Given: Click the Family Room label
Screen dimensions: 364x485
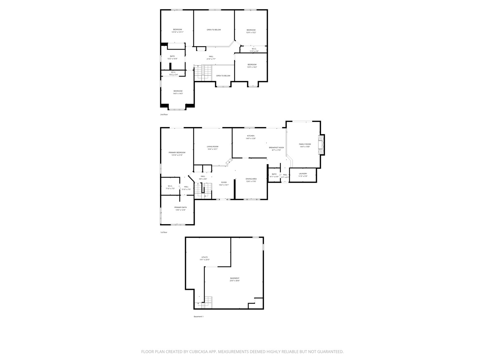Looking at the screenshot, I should pyautogui.click(x=305, y=145).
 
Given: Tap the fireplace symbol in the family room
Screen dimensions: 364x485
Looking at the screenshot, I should pyautogui.click(x=322, y=145).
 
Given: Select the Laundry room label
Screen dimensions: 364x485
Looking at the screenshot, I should pyautogui.click(x=303, y=175).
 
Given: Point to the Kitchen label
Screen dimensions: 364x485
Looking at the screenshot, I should pyautogui.click(x=251, y=137).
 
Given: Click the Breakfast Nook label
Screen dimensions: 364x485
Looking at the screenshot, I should pyautogui.click(x=276, y=149).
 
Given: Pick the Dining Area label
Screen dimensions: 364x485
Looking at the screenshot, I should pyautogui.click(x=251, y=180).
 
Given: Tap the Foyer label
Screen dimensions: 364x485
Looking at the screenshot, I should pyautogui.click(x=224, y=183).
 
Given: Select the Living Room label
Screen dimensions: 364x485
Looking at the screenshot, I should pyautogui.click(x=213, y=148).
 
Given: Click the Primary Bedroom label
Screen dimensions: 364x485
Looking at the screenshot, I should pyautogui.click(x=177, y=154).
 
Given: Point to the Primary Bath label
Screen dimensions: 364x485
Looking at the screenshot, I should pyautogui.click(x=180, y=209).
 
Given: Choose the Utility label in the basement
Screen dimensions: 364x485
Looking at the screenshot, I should pyautogui.click(x=204, y=259).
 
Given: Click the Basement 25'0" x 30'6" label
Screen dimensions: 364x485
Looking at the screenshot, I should pyautogui.click(x=235, y=279).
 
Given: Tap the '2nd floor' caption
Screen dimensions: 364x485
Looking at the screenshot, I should pyautogui.click(x=164, y=115).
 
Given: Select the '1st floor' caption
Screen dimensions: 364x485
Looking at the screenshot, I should pyautogui.click(x=164, y=232).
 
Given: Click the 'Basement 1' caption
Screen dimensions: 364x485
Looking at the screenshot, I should pyautogui.click(x=198, y=316).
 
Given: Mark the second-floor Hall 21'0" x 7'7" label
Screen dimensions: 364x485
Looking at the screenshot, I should pyautogui.click(x=211, y=58).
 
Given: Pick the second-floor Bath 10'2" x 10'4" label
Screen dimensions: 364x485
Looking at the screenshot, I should pyautogui.click(x=172, y=57).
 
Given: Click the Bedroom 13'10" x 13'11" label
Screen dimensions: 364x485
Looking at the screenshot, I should pyautogui.click(x=177, y=31).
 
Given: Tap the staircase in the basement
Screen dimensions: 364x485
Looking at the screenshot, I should pyautogui.click(x=207, y=302).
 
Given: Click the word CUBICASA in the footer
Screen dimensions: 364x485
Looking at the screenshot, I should pyautogui.click(x=203, y=352).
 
